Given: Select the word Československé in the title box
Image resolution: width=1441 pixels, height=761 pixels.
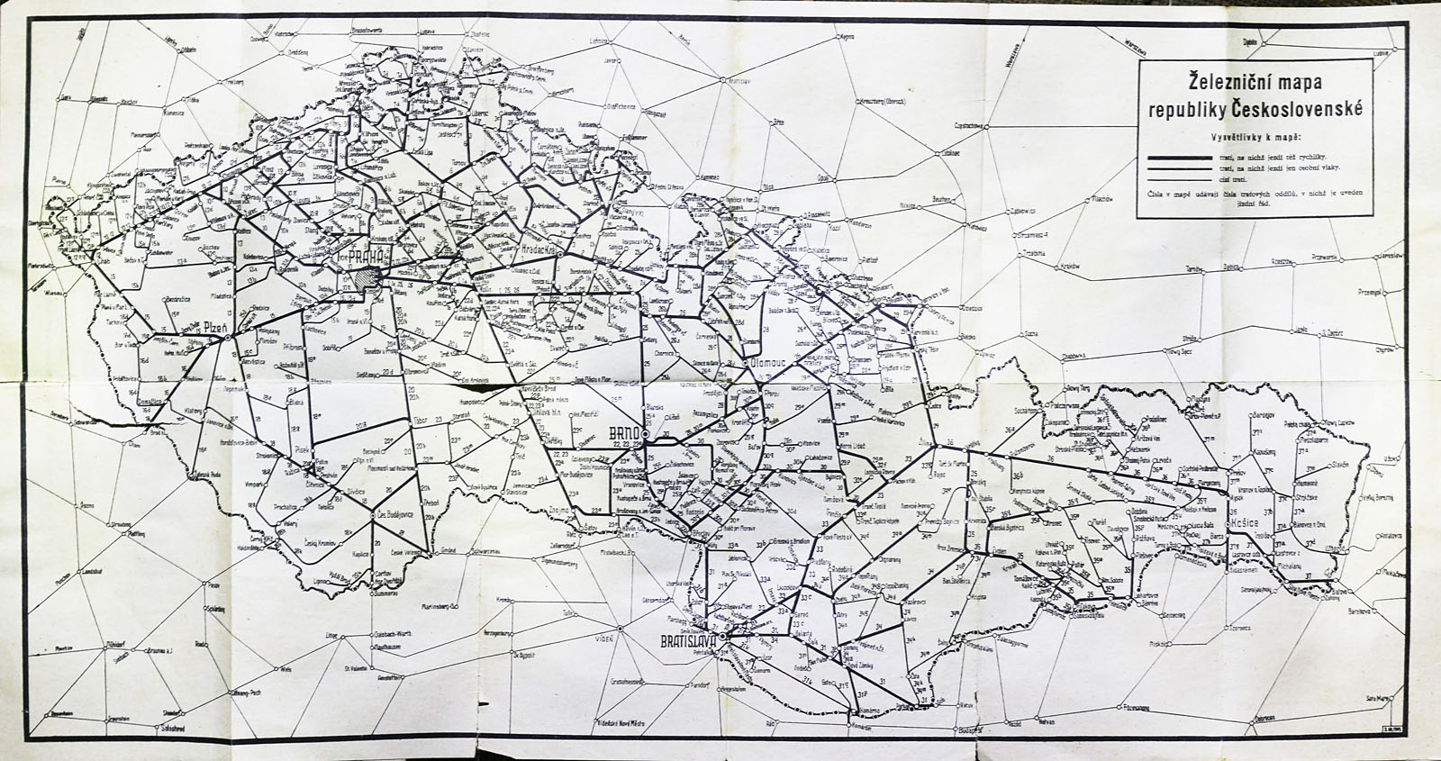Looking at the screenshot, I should pos(1303,110).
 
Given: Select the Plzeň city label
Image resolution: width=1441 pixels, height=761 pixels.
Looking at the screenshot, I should pos(219,328).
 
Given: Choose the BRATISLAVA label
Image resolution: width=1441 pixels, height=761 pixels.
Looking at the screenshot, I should pos(687,642).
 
